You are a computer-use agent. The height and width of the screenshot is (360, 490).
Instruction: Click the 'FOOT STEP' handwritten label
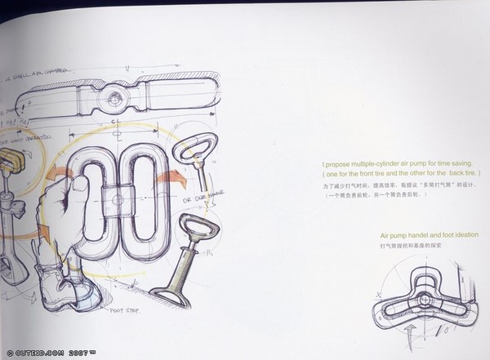(x=125, y=311)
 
